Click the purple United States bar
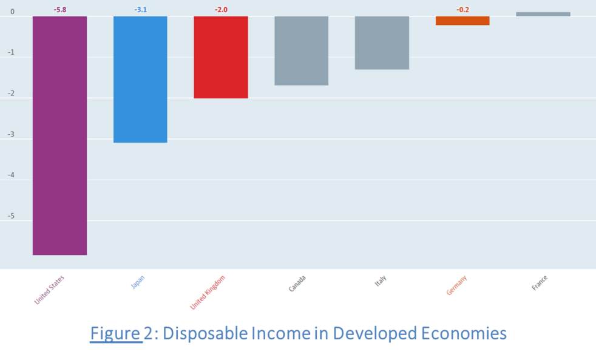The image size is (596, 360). click(x=59, y=135)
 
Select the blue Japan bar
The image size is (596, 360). click(x=140, y=79)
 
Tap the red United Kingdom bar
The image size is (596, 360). click(x=221, y=57)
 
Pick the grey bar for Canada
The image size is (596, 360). click(x=301, y=50)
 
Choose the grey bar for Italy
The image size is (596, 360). click(x=382, y=42)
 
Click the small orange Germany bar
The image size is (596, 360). click(x=462, y=21)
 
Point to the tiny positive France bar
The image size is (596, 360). click(x=543, y=14)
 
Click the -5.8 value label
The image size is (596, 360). click(x=59, y=10)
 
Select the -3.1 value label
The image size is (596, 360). click(x=140, y=10)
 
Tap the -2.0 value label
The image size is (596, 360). click(x=221, y=10)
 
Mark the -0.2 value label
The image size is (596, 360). click(x=462, y=10)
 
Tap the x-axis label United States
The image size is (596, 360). click(x=50, y=290)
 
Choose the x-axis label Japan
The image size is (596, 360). click(x=138, y=282)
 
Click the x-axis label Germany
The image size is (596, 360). click(x=456, y=285)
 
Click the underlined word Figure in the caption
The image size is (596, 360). click(x=116, y=334)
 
